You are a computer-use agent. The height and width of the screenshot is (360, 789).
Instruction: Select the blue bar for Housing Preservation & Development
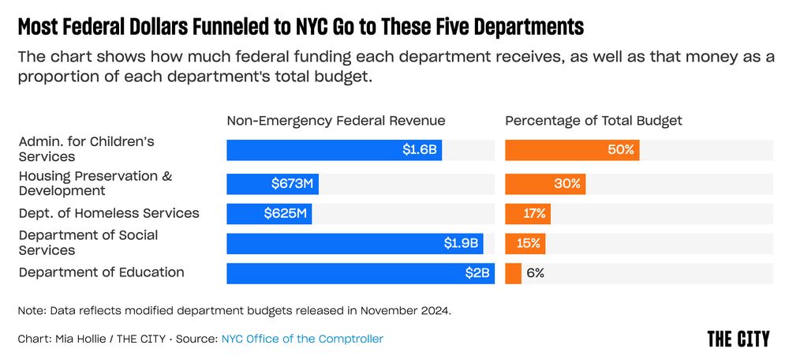272,184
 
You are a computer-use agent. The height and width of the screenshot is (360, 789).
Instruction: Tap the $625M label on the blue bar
286,214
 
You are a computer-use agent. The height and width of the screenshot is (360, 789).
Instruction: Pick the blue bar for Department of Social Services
354,244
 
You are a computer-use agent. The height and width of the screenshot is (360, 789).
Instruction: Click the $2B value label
477,273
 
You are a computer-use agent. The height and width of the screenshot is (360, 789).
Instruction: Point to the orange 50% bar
572,150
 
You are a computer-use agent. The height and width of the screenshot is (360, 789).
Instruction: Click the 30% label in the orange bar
567,184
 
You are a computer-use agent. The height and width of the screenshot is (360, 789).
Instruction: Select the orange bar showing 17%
528,214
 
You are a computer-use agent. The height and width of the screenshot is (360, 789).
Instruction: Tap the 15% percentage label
529,244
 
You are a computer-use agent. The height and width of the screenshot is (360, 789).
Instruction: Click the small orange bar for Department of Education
514,273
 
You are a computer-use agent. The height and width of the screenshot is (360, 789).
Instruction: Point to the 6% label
535,273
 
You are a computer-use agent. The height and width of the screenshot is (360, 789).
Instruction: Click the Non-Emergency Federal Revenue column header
336,121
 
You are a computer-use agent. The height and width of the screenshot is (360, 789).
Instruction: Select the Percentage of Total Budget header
593,121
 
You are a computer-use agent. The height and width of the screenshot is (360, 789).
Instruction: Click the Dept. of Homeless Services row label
109,213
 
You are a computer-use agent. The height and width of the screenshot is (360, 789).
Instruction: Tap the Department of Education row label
102,272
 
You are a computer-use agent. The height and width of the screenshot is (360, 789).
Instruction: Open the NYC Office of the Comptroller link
302,339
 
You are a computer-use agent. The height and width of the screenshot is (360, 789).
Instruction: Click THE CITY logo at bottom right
738,339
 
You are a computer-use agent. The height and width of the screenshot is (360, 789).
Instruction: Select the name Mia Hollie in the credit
83,339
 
